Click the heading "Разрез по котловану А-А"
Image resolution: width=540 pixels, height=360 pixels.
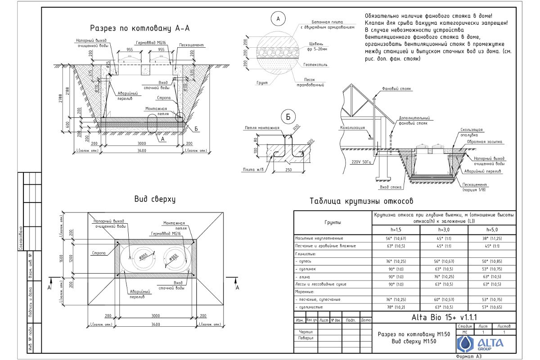point(139,28)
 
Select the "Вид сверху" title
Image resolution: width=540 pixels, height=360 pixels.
point(154,199)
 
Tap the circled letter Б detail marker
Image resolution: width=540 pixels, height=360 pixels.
point(288,117)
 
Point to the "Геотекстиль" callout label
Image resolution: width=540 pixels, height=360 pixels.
point(315,65)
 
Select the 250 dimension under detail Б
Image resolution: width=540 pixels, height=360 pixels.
point(289,170)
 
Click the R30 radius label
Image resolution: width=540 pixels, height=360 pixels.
point(296,127)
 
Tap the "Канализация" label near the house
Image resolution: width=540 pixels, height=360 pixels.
point(351,128)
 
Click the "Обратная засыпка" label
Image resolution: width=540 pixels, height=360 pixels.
point(488,142)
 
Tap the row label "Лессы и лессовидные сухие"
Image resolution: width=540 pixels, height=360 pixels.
point(319,284)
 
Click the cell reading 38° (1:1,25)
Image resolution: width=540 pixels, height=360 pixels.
point(492,238)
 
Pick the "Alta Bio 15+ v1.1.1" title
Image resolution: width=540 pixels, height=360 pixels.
point(444,318)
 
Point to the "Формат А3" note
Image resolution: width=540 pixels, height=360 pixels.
point(468,356)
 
